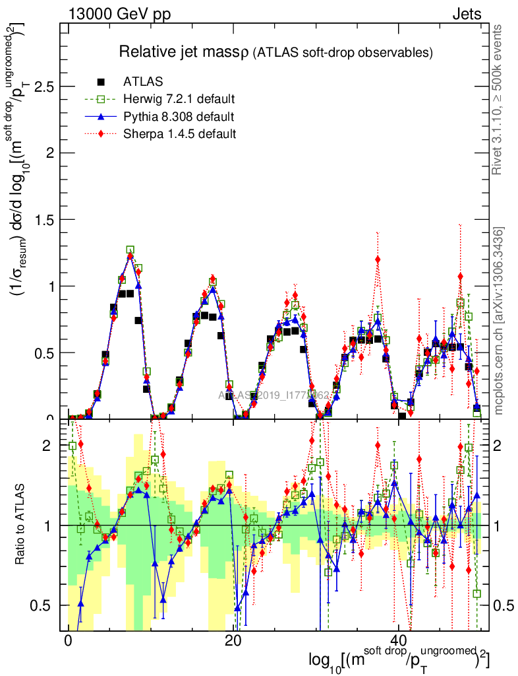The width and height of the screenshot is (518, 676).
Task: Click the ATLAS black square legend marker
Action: coord(101,82)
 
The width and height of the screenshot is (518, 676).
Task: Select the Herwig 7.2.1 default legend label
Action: coord(179,100)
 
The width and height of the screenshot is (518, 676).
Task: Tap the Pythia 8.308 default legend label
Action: coord(179,117)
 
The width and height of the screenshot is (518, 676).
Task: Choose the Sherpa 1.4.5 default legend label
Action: coord(180,134)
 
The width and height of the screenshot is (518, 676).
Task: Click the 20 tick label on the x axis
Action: coord(233,641)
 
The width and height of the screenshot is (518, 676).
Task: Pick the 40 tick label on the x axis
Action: coord(398,641)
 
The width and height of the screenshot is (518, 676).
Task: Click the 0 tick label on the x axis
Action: coord(68,641)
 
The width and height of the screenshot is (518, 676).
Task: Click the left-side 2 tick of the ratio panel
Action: coord(47,446)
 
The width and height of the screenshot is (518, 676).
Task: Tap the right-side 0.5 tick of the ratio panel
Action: coord(504,605)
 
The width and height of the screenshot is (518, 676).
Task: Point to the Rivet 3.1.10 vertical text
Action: coord(498,99)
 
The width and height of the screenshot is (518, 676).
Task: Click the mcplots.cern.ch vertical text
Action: coord(498,320)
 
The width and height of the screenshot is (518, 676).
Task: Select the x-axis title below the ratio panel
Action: coord(399,660)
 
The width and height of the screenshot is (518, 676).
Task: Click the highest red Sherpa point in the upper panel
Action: coord(377,259)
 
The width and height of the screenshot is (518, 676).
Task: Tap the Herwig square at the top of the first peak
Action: coord(130,250)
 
